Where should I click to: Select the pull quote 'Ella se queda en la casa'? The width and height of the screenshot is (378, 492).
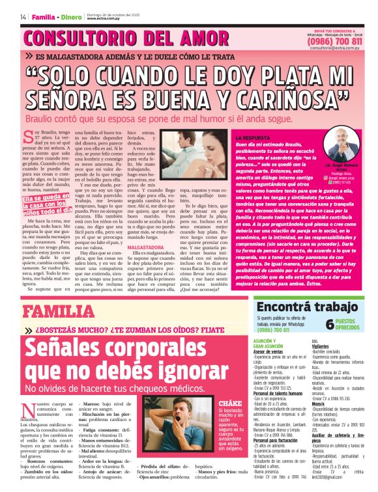click(x=46, y=204)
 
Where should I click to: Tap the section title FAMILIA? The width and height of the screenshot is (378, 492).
click(x=59, y=310)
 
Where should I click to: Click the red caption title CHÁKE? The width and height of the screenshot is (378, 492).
click(x=227, y=404)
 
